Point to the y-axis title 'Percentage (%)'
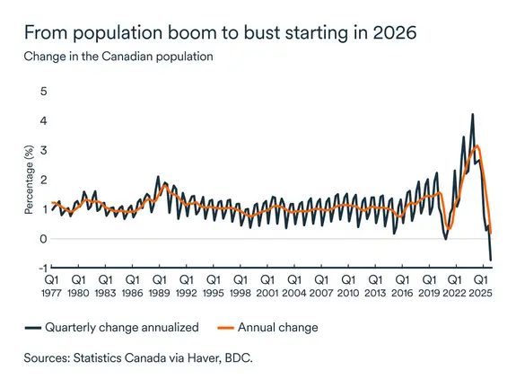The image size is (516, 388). (31, 179)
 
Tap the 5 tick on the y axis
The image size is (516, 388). (42, 91)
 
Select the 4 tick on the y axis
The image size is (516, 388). (42, 120)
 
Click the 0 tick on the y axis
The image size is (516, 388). (42, 239)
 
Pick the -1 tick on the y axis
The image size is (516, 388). (40, 269)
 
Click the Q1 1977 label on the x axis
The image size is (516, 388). (51, 286)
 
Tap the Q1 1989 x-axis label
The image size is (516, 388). (159, 286)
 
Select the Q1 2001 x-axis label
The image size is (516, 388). (267, 286)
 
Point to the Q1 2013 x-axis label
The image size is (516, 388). (374, 286)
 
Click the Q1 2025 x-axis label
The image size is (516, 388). (482, 286)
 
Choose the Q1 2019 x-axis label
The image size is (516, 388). (428, 286)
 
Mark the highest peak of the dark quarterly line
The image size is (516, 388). (472, 115)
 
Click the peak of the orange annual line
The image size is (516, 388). (477, 145)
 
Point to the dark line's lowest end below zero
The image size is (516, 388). (491, 260)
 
